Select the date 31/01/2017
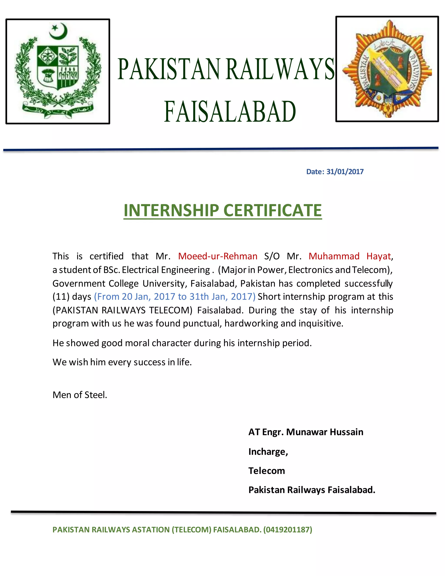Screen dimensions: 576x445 coord(345,172)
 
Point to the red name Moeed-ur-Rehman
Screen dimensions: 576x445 coord(218,256)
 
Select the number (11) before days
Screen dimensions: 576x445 coord(61,296)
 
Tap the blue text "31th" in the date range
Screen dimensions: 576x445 coord(199,296)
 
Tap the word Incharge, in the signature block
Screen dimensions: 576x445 coord(268,452)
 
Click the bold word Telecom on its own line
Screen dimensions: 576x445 coord(267,471)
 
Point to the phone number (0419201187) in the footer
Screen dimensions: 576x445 coord(288,529)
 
